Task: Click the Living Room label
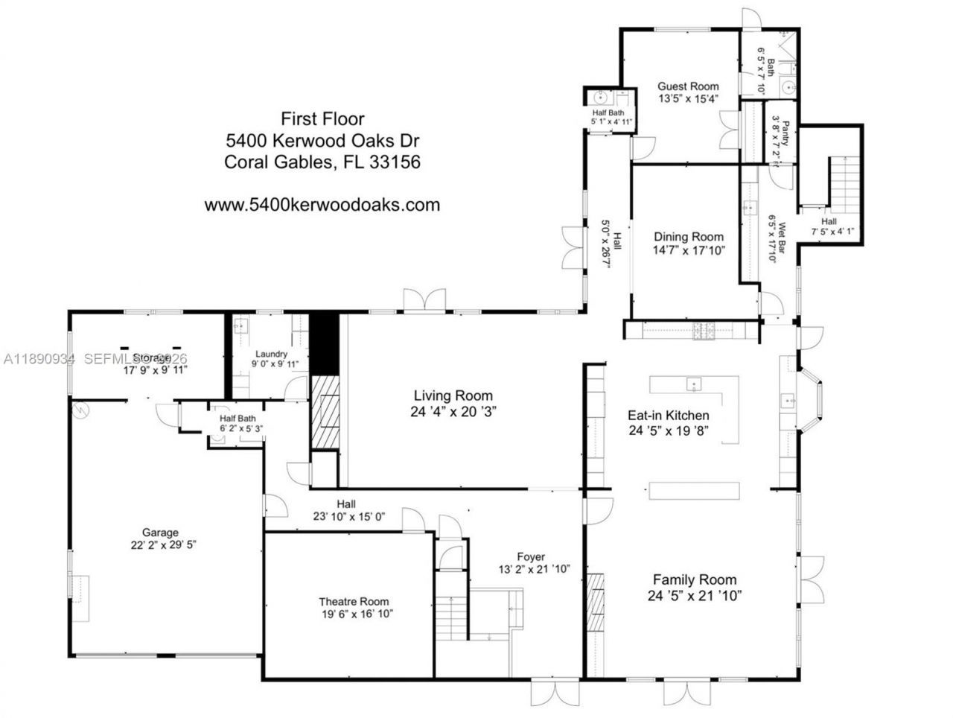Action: [x=453, y=396]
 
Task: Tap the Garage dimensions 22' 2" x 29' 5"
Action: [x=160, y=544]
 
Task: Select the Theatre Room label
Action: [x=354, y=602]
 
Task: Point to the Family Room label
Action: [x=694, y=579]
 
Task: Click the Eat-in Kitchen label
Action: [x=668, y=416]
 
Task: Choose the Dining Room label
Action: [x=688, y=237]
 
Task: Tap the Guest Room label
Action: [x=688, y=86]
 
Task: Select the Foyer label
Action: [x=531, y=556]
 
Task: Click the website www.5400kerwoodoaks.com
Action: [x=322, y=205]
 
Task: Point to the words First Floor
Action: [x=322, y=118]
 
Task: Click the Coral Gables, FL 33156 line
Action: [x=322, y=162]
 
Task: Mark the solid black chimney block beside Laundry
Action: [x=324, y=343]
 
